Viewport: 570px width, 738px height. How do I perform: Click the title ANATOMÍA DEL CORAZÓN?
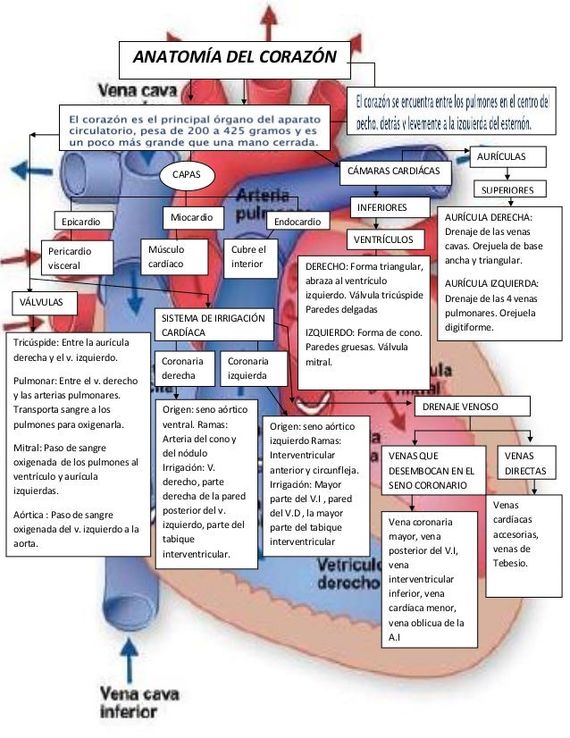pos(234,59)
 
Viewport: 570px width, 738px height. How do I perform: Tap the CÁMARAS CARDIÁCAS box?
pos(397,170)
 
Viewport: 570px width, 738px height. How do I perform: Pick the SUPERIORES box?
pos(507,190)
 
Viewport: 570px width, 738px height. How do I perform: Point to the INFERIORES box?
pos(381,207)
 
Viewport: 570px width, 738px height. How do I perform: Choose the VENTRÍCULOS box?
pos(383,240)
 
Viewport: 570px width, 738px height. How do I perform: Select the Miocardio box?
pos(191,217)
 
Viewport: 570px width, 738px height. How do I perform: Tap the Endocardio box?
pos(298,221)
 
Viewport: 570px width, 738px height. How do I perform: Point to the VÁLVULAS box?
pos(41,303)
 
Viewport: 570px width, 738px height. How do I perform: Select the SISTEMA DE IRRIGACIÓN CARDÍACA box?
pos(213,325)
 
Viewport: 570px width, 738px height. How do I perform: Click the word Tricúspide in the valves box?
pos(38,342)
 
